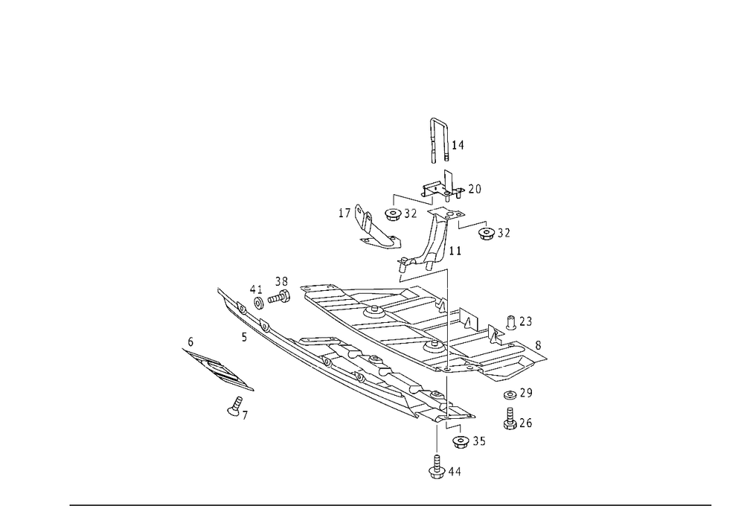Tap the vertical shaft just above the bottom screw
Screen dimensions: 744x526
pos(438,439)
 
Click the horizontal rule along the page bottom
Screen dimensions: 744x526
pos(391,504)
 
